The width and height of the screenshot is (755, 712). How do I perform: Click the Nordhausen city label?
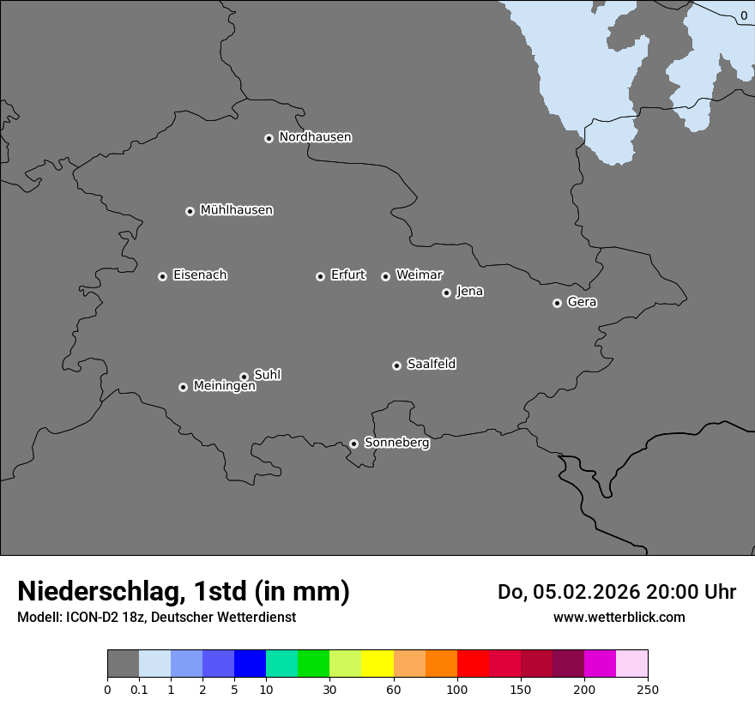(x=315, y=137)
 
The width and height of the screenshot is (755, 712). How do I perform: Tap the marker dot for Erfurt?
(x=320, y=276)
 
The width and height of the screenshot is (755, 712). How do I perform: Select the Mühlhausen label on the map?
(x=236, y=210)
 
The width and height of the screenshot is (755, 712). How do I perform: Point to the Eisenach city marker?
(x=162, y=276)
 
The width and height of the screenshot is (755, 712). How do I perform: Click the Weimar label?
(x=419, y=275)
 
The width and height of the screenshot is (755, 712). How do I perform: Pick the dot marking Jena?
(x=446, y=293)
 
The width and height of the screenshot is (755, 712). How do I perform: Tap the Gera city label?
(x=582, y=302)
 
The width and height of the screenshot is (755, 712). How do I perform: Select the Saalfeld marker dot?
(x=396, y=365)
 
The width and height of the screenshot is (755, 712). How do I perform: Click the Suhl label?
(x=267, y=375)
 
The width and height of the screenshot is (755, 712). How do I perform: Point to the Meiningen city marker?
(x=183, y=387)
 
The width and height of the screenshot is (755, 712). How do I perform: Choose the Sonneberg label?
(x=396, y=443)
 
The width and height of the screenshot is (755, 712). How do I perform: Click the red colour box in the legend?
(x=473, y=664)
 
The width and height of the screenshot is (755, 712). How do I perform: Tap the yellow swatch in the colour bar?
(x=377, y=664)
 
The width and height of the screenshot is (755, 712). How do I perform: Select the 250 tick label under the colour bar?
(x=648, y=689)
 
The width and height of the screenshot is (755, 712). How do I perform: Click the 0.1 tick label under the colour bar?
(x=139, y=689)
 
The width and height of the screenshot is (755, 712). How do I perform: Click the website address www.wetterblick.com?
(x=619, y=617)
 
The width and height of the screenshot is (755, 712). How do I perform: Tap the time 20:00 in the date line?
(x=673, y=592)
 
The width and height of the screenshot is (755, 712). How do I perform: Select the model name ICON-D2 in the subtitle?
(x=94, y=617)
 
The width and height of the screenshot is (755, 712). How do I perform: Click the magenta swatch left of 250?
(x=600, y=664)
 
